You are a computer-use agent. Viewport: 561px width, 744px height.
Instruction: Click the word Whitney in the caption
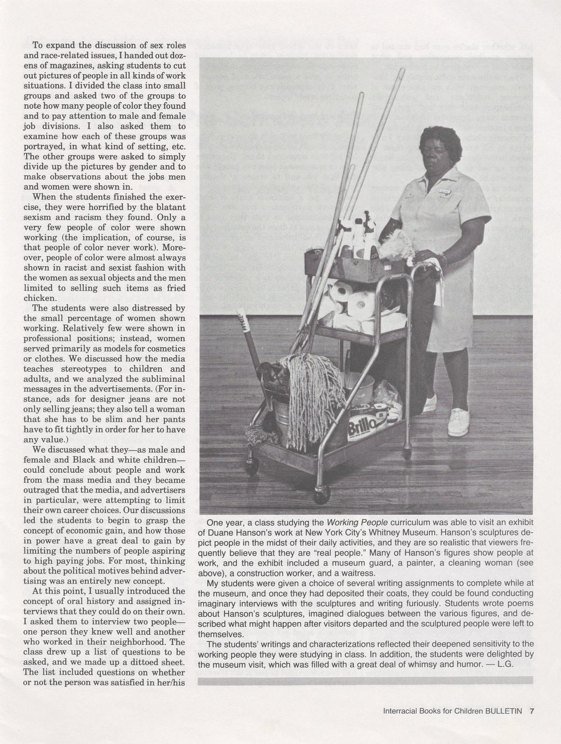tap(420, 532)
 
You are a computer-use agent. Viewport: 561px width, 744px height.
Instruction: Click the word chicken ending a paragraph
tap(40, 298)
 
